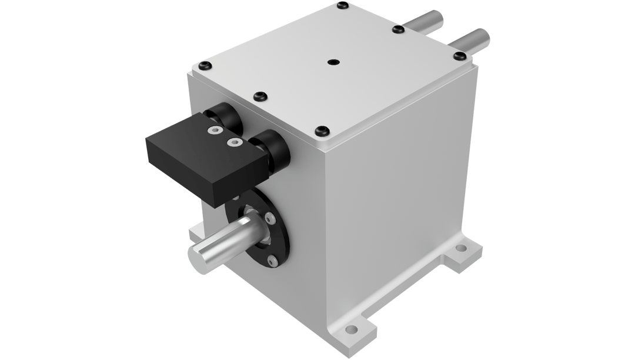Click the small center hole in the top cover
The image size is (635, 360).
pos(334,61)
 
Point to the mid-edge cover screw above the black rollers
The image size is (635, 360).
pos(259,96)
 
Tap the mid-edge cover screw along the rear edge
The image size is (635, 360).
pos(396,28)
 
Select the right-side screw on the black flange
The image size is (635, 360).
pos(271,219)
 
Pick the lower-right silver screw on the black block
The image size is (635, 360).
pos(234,142)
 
